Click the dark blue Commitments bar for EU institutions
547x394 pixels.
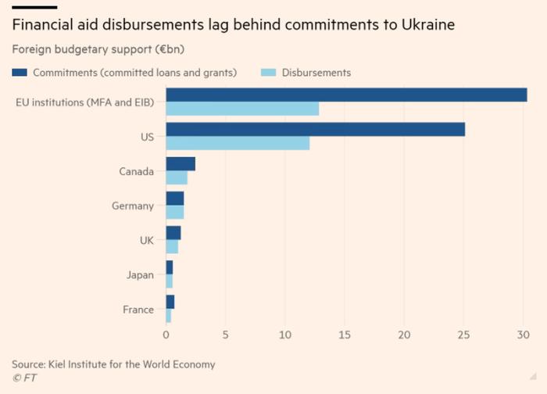(x=346, y=95)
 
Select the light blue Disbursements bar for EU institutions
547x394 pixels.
(x=242, y=109)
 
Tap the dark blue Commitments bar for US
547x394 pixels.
(x=315, y=130)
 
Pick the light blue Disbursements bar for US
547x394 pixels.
(x=238, y=143)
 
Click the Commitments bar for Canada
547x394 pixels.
(x=181, y=164)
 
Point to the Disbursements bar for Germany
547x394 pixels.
(x=175, y=213)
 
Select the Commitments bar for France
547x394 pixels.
(x=170, y=302)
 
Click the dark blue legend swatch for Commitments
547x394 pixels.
(x=20, y=73)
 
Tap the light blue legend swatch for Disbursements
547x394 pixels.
(x=268, y=73)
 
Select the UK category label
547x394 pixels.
(x=146, y=240)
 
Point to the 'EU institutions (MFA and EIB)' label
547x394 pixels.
(x=85, y=102)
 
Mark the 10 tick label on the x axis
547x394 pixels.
(x=285, y=335)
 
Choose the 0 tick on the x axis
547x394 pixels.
(x=166, y=335)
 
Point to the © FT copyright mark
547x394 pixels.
(x=24, y=378)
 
